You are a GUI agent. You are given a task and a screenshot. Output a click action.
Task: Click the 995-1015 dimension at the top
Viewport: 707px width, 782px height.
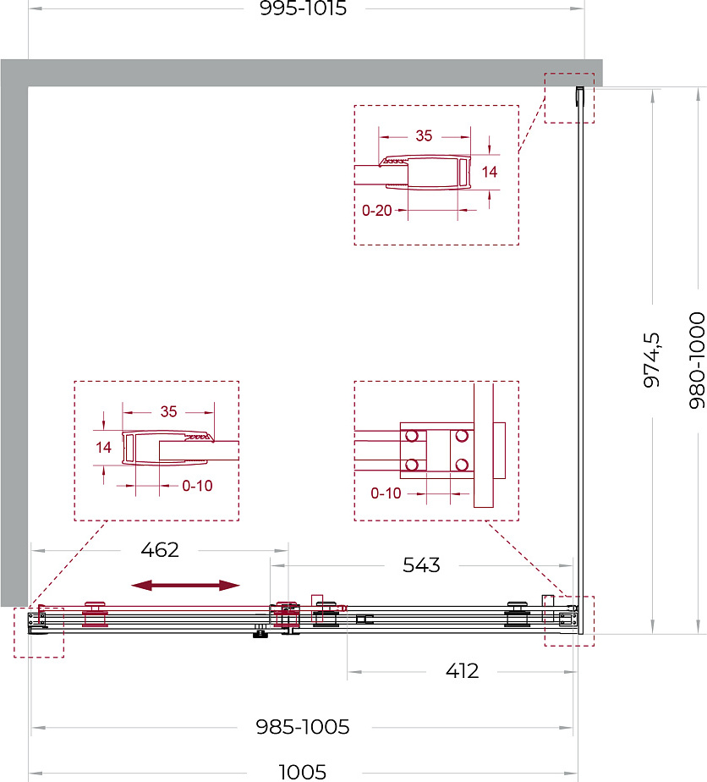pos(303,8)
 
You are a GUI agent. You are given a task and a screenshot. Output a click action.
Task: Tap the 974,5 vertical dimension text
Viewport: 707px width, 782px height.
pos(652,360)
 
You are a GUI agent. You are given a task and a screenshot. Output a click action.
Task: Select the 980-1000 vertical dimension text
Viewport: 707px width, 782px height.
pos(697,361)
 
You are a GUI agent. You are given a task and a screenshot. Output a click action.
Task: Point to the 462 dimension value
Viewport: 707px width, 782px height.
pos(160,550)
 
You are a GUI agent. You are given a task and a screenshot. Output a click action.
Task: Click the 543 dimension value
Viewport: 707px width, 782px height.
pos(421,565)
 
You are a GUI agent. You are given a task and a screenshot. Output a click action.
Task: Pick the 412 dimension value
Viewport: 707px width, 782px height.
pos(463,671)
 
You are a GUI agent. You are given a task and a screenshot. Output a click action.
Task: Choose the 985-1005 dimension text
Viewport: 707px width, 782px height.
pos(303,727)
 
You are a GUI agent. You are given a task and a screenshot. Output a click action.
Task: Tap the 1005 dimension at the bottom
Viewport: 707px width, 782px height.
pos(303,773)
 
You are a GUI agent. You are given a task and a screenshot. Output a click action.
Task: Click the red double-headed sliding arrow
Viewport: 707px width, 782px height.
pos(185,586)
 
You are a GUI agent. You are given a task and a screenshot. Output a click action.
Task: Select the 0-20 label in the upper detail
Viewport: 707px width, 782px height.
pos(376,211)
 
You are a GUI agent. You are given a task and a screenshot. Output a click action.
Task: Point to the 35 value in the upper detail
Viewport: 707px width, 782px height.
pos(424,135)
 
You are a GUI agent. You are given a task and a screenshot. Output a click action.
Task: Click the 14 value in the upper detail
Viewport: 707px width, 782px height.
pos(490,172)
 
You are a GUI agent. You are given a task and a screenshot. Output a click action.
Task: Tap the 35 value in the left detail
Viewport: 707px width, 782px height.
pos(168,411)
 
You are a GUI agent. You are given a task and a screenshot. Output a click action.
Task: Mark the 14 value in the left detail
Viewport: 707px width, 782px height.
pos(103,448)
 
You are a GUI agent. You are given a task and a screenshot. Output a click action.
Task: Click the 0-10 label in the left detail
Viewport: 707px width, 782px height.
pos(197,486)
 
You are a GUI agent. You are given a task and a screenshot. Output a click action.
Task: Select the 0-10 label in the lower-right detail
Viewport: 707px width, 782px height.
pos(386,493)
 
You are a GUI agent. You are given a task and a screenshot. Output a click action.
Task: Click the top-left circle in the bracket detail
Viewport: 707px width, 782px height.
pos(412,436)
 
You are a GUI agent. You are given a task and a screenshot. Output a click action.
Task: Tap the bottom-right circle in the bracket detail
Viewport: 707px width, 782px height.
pos(462,465)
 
